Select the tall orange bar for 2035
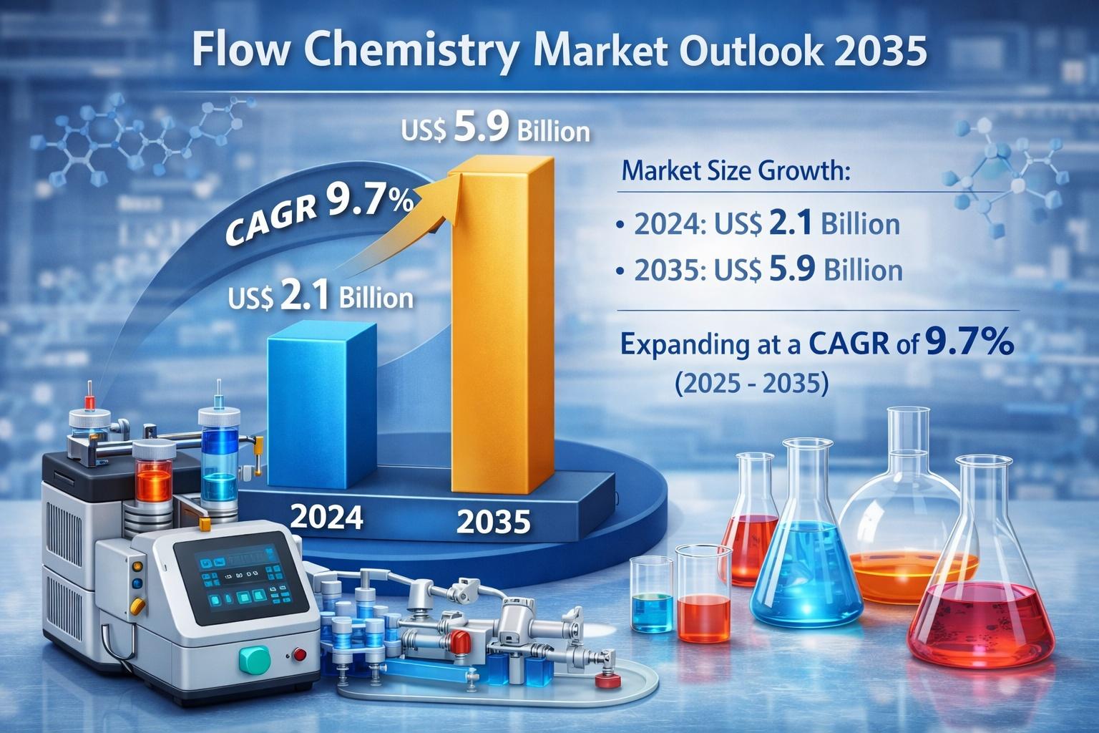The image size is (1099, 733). pyautogui.click(x=502, y=325)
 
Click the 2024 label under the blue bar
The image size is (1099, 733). pyautogui.click(x=327, y=517)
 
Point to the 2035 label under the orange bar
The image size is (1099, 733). pyautogui.click(x=493, y=521)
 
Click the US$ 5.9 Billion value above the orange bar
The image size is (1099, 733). pyautogui.click(x=495, y=129)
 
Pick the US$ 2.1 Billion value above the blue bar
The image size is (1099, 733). pyautogui.click(x=321, y=296)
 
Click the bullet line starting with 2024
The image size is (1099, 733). pyautogui.click(x=758, y=223)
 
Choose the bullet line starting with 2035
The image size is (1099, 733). pyautogui.click(x=759, y=270)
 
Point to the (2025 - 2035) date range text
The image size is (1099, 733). pyautogui.click(x=752, y=382)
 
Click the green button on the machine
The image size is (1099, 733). pyautogui.click(x=255, y=659)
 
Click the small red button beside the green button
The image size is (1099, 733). pyautogui.click(x=299, y=654)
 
